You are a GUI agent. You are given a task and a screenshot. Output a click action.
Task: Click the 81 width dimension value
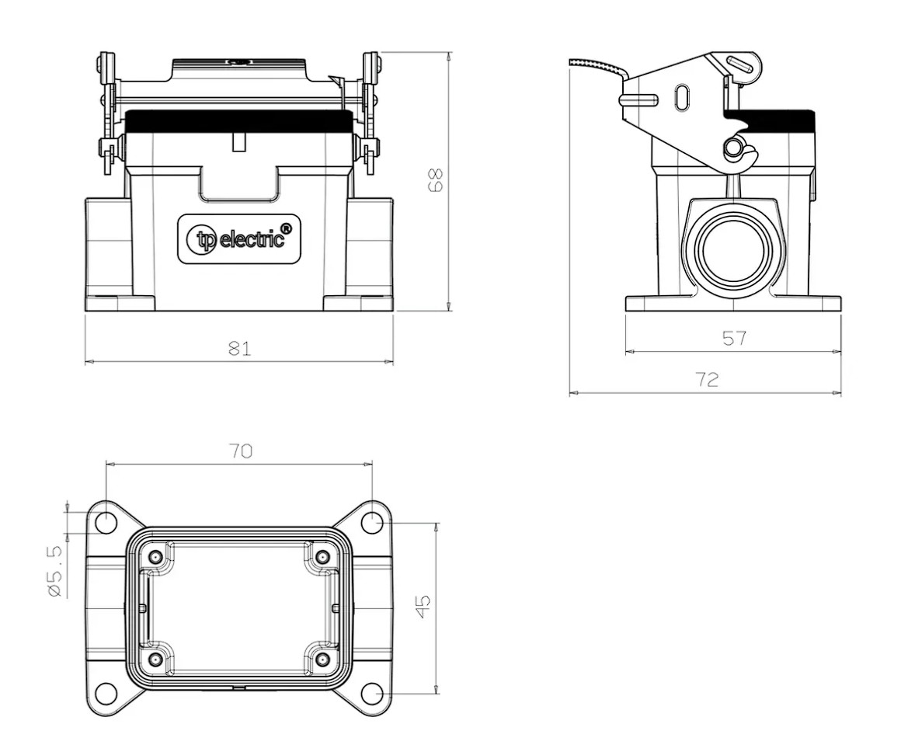pos(240,348)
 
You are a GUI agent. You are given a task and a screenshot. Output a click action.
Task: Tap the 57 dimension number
pos(734,338)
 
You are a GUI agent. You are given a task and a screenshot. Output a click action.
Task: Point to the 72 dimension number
pos(707,379)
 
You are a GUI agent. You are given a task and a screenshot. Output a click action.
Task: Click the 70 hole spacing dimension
pos(241,451)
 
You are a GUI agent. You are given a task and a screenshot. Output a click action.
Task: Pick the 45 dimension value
pos(424,607)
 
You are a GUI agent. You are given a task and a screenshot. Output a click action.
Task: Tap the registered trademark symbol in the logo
pos(288,227)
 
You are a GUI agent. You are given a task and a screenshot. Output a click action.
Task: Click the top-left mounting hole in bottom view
pos(106,523)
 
